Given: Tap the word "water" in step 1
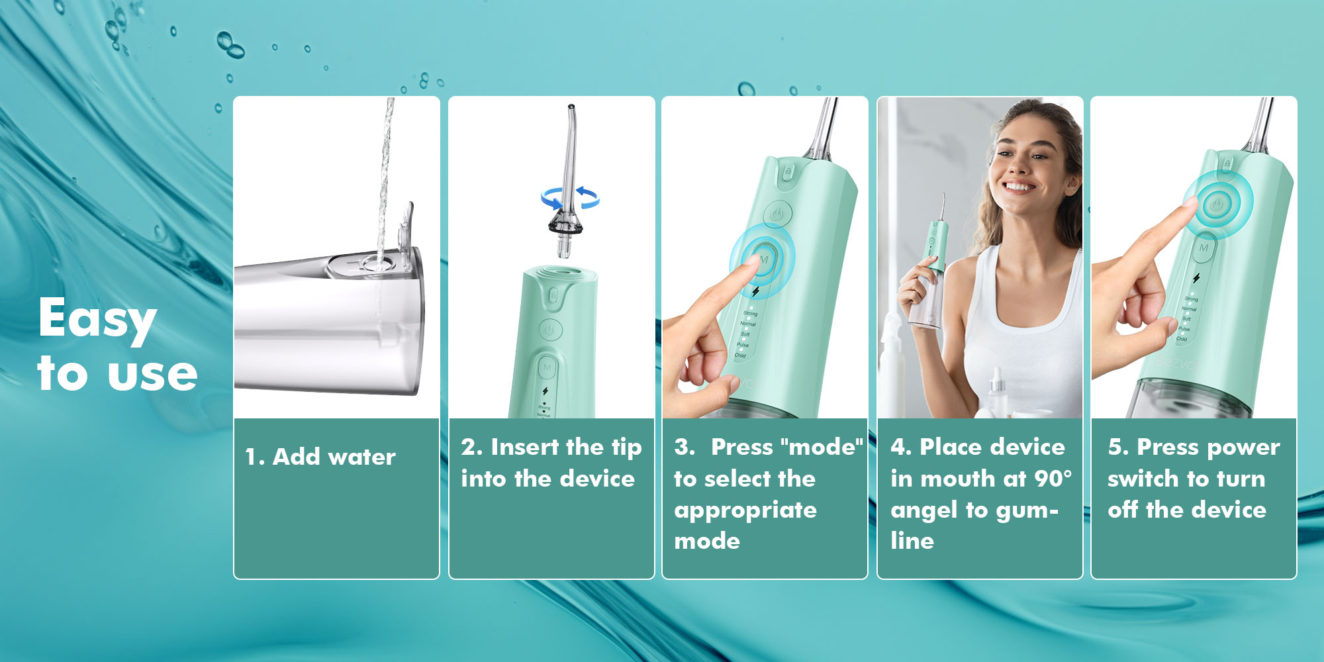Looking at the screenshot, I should [x=361, y=457].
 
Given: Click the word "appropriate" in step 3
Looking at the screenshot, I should [x=745, y=510].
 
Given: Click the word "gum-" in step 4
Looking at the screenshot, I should [x=1025, y=510].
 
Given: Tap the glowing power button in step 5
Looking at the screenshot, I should [x=1217, y=205].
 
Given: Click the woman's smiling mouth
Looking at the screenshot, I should [x=1019, y=187].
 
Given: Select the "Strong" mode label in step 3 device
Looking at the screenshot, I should [x=750, y=313].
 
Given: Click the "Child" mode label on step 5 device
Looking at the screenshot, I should [x=1182, y=339].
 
